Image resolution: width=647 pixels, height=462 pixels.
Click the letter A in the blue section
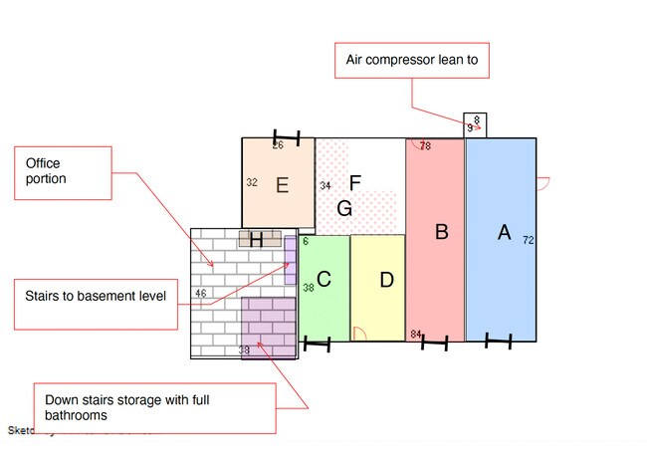coord(504,232)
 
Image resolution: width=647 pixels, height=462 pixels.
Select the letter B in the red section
coord(442,232)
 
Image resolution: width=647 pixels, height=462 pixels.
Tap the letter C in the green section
coord(323,280)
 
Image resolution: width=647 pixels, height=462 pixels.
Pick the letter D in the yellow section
coord(386,280)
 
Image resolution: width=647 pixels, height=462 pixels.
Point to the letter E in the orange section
coord(282,184)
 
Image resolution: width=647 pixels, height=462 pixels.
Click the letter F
coord(354,182)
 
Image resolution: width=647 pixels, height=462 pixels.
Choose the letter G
coord(344,208)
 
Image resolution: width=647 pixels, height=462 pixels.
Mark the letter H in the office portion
coord(256,239)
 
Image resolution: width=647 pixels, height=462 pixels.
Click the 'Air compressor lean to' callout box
coord(412,61)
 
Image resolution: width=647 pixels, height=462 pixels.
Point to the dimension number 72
coord(528,240)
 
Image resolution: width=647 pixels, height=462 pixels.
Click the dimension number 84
coord(415,335)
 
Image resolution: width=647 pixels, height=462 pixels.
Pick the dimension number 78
coord(425,146)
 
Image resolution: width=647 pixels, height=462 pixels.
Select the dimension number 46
coord(200,293)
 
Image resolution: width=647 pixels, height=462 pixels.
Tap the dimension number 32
coord(252,183)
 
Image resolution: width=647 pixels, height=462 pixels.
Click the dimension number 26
coord(278,145)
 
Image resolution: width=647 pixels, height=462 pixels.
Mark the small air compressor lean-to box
coord(475,124)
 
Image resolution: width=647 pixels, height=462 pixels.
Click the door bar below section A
coord(498,342)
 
